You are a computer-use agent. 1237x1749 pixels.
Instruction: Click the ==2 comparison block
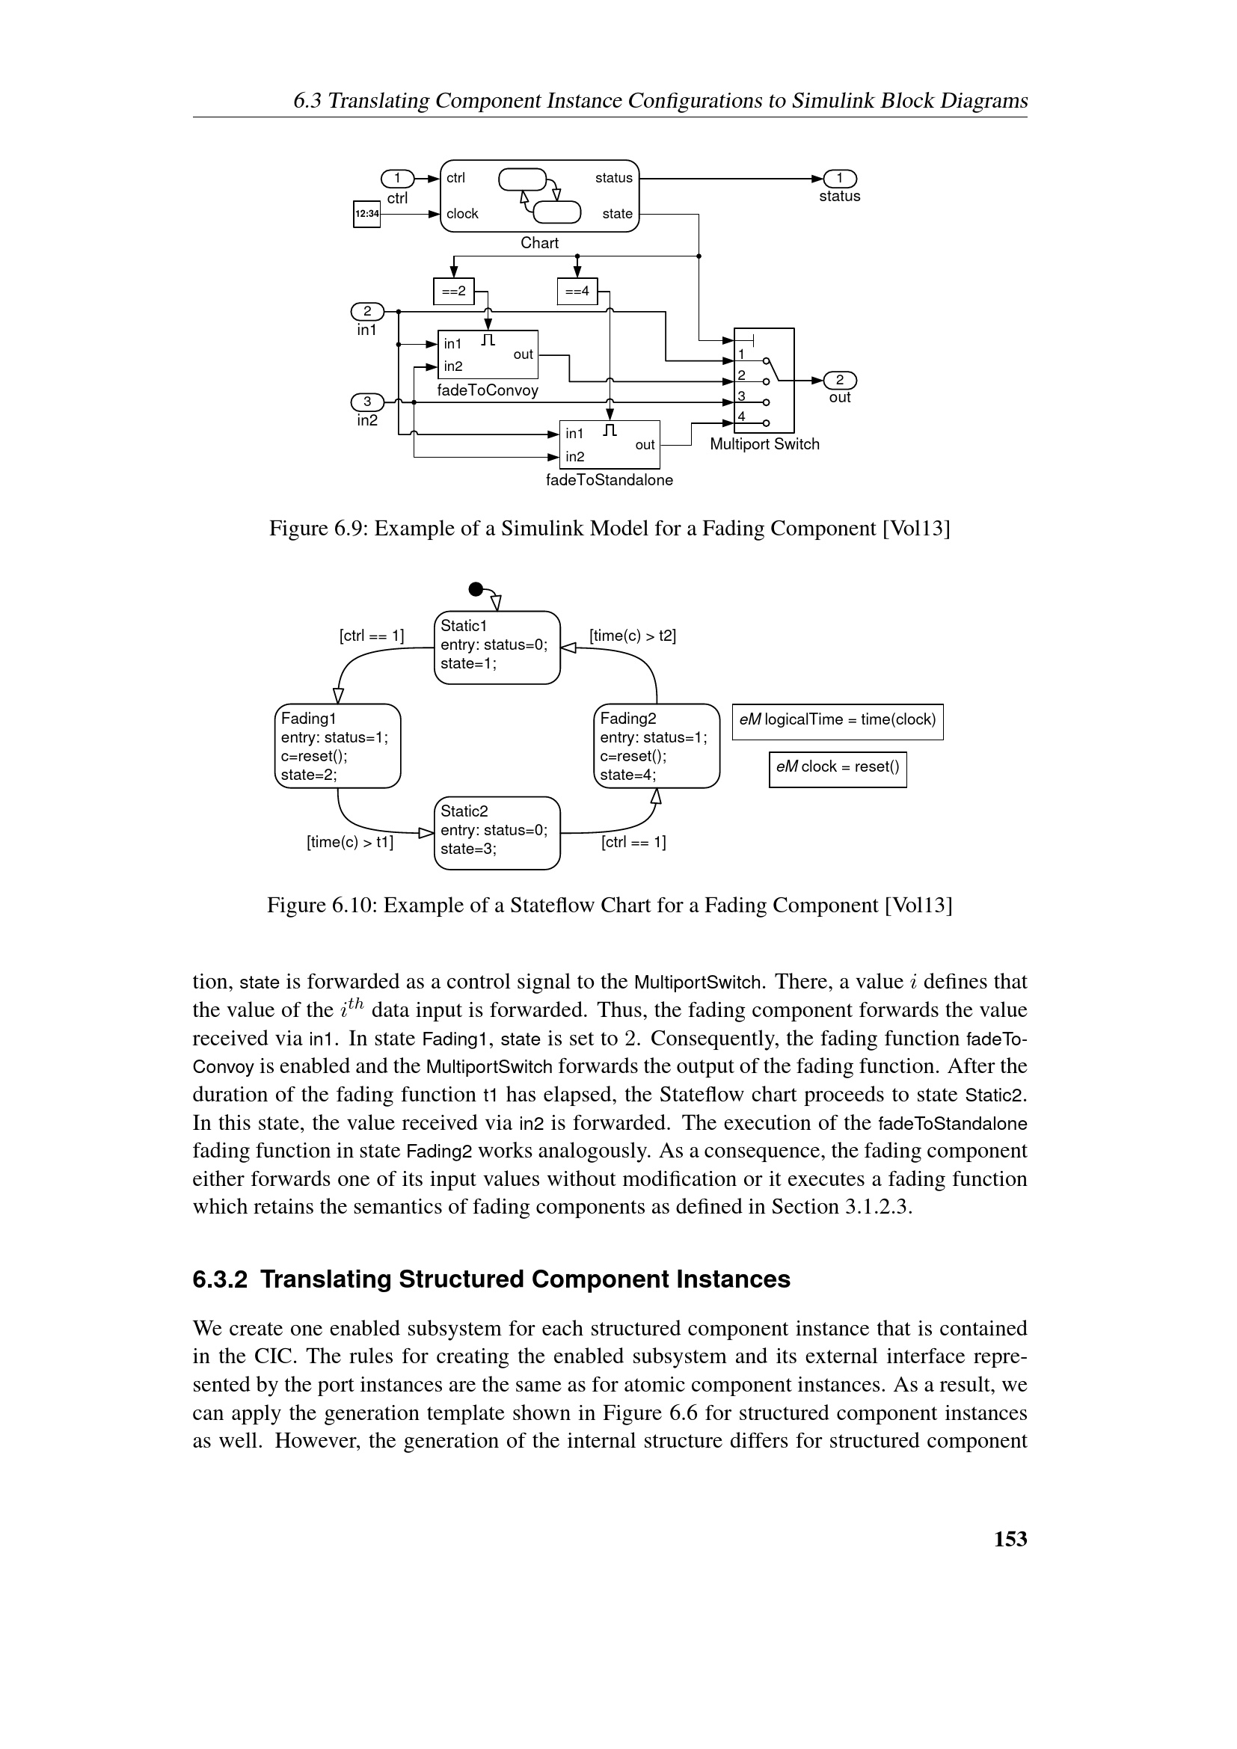coord(453,291)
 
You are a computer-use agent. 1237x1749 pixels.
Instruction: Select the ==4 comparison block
coord(577,291)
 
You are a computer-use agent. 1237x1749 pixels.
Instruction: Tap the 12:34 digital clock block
coord(367,213)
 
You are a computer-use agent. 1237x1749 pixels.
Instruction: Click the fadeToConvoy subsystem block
coord(488,354)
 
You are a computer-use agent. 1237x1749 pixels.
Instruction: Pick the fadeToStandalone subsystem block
coord(610,444)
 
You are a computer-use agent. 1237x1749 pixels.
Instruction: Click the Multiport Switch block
coord(764,380)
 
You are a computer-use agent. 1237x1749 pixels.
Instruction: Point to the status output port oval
coord(839,178)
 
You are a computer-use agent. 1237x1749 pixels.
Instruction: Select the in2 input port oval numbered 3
coord(367,402)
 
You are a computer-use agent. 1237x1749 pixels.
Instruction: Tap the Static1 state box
coord(497,647)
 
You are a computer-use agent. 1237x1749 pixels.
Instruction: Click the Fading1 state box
coord(337,746)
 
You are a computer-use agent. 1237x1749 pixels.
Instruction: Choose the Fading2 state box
coord(656,746)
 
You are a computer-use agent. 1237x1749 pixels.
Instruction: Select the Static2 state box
coord(497,832)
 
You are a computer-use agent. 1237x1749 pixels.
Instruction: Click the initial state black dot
coord(476,588)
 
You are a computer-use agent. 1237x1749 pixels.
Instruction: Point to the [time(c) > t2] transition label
coord(632,636)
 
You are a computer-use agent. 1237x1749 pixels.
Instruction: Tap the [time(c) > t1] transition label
coord(350,842)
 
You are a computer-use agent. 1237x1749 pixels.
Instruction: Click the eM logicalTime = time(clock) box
coord(837,721)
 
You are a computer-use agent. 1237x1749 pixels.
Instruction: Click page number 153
coord(1010,1539)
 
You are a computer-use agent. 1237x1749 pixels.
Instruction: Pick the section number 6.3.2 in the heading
coord(220,1279)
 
